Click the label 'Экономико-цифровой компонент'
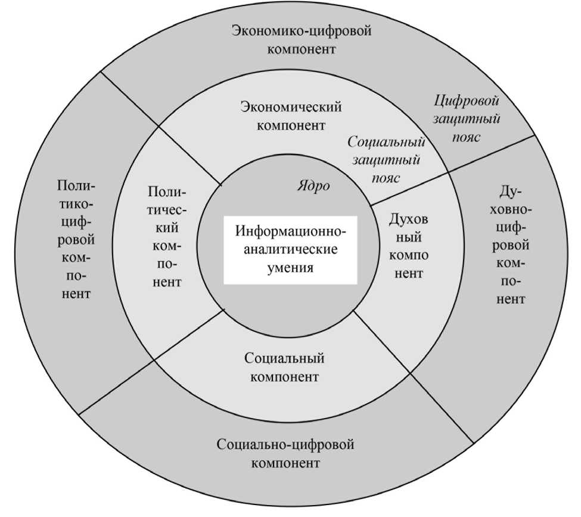click(x=301, y=39)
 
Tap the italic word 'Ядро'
click(x=313, y=185)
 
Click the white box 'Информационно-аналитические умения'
click(x=290, y=249)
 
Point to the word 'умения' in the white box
click(x=291, y=268)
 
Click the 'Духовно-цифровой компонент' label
click(x=511, y=246)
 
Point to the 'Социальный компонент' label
click(x=284, y=368)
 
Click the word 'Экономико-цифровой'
click(x=301, y=30)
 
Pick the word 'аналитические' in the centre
click(x=290, y=249)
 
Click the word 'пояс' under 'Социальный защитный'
click(x=386, y=178)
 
